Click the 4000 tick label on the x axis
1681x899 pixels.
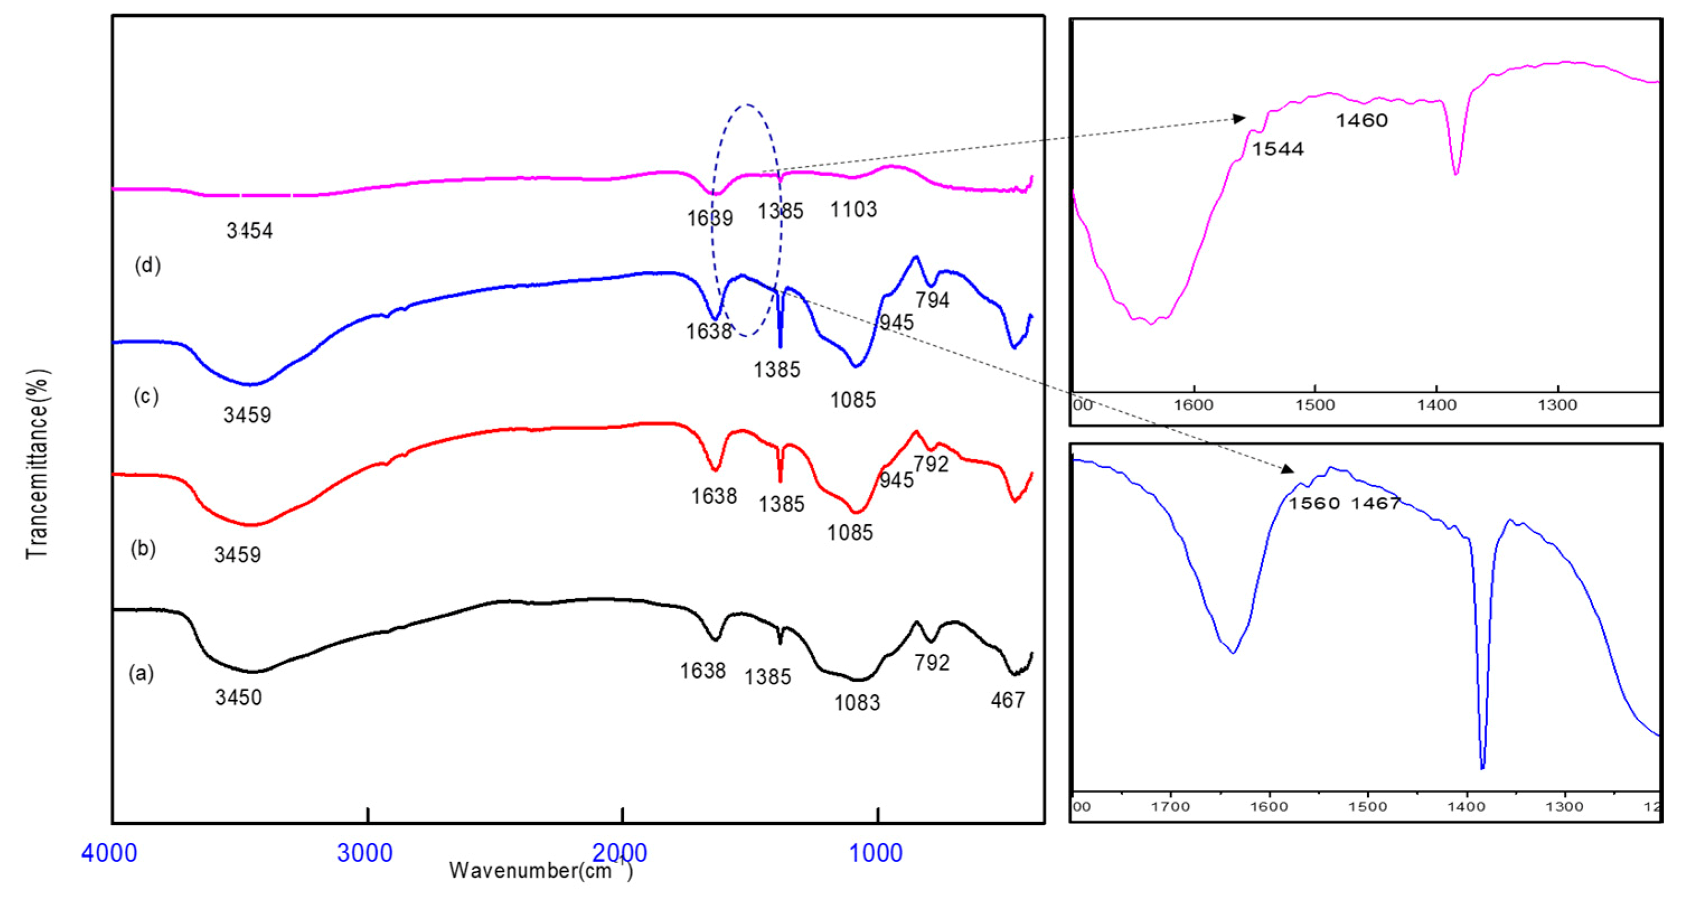(x=109, y=853)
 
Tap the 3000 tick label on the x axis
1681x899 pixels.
(x=365, y=853)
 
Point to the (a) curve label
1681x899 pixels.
(x=141, y=672)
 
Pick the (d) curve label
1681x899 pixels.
(x=148, y=265)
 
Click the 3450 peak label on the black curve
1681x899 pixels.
(x=238, y=698)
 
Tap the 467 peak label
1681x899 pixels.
(x=1007, y=700)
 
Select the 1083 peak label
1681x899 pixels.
(x=857, y=703)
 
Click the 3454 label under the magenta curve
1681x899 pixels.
(x=249, y=230)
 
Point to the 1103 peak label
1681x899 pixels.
(x=854, y=209)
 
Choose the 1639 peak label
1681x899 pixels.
(x=709, y=218)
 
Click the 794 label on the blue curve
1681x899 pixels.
(x=932, y=300)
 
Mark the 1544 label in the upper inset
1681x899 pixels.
(x=1277, y=149)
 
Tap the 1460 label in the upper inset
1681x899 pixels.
(x=1361, y=121)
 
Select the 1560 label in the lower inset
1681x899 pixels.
(x=1313, y=503)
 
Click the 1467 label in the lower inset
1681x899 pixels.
(x=1376, y=503)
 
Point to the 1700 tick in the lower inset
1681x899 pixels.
(x=1171, y=806)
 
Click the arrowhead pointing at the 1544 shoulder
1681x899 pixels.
(x=1239, y=119)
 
